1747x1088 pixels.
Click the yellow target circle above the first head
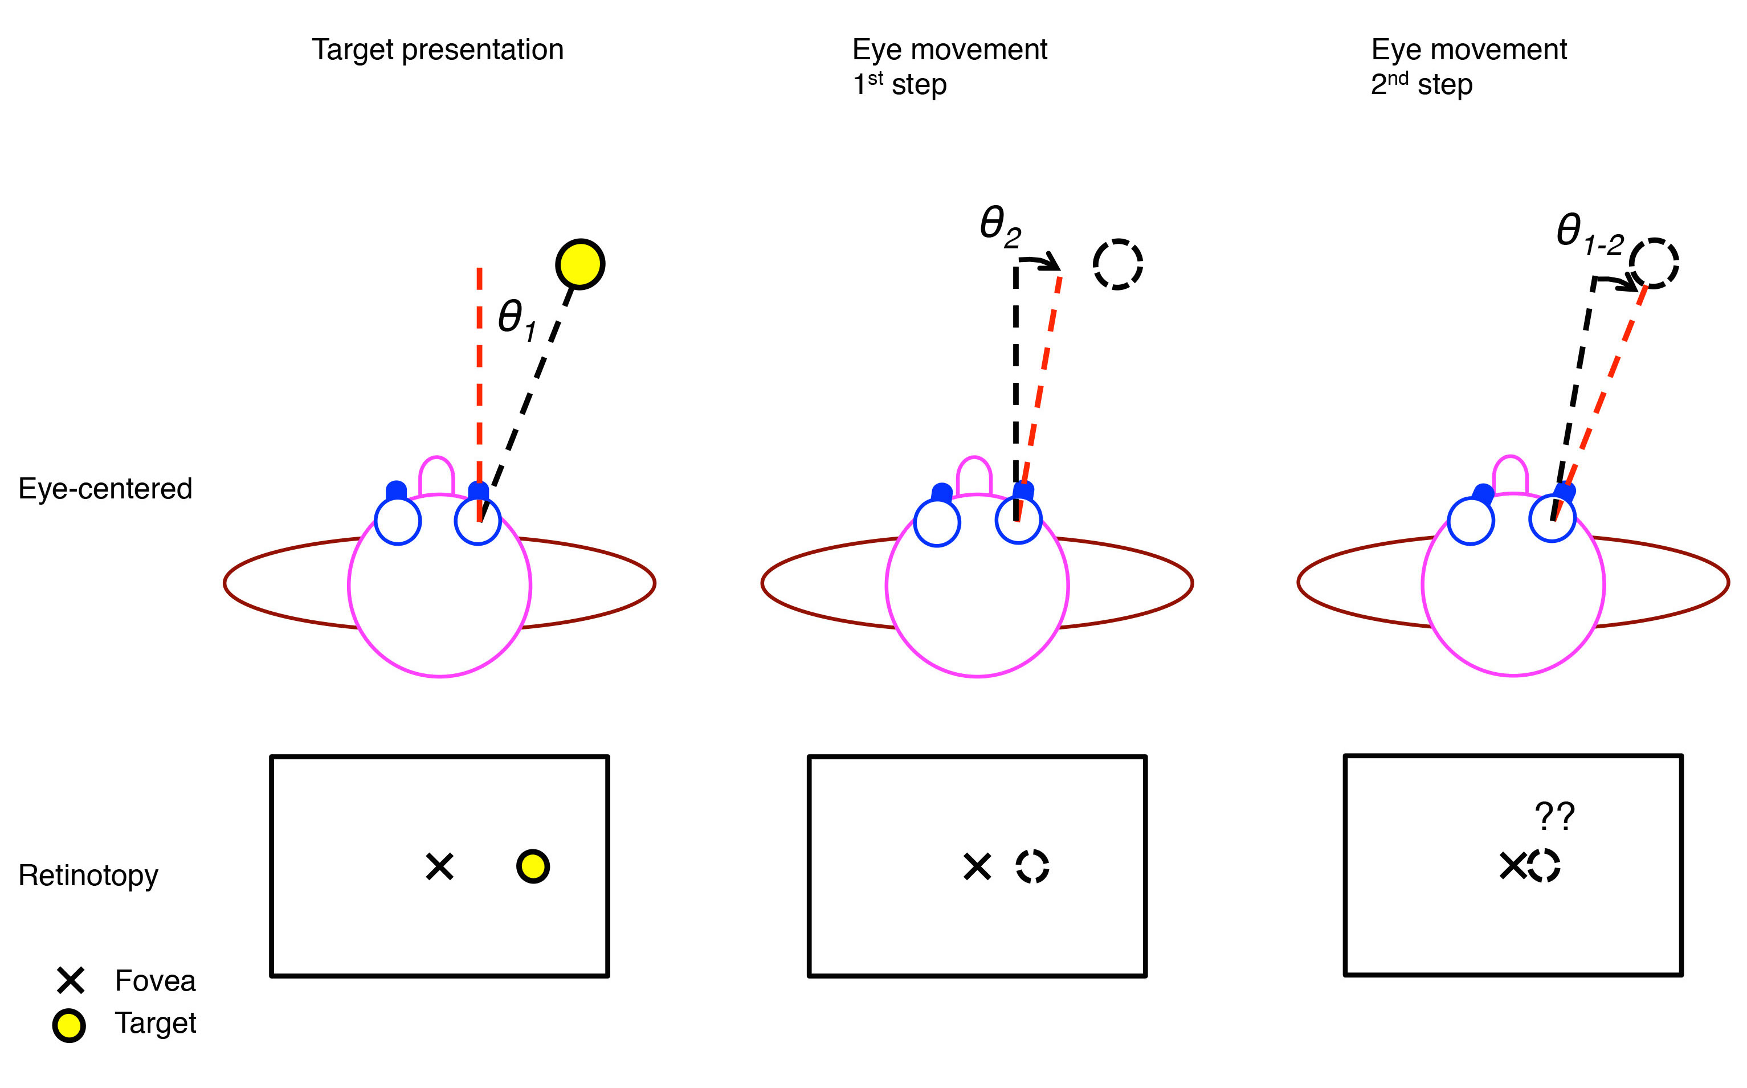(x=579, y=264)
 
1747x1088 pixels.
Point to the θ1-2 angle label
(x=1589, y=234)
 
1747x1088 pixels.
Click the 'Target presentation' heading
(x=437, y=50)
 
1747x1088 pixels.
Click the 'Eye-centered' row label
(x=105, y=489)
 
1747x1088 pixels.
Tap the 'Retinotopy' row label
(x=88, y=875)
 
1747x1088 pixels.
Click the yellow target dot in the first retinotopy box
(x=533, y=866)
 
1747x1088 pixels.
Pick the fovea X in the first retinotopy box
(x=439, y=866)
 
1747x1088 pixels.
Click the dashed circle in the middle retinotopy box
(x=1032, y=866)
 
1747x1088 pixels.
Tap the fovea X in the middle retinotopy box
(x=977, y=866)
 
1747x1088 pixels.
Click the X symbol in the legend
(x=71, y=980)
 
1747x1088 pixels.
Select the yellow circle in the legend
(x=69, y=1025)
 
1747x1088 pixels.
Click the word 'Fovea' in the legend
(x=155, y=981)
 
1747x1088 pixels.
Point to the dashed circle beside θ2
(x=1117, y=264)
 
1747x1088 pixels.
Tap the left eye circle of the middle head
(x=937, y=522)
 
